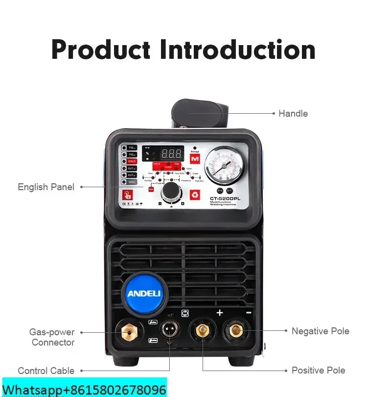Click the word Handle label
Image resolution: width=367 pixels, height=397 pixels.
293,113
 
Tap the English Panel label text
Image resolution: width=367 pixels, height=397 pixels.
46,187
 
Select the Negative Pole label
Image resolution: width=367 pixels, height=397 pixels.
320,331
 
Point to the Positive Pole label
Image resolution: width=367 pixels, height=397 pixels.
319,370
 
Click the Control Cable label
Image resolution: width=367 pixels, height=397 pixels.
46,371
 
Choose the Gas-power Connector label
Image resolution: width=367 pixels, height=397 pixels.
52,337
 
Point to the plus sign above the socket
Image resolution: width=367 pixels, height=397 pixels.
220,313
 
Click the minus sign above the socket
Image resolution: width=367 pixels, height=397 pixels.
249,313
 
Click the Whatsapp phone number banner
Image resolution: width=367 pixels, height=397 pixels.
84,390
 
